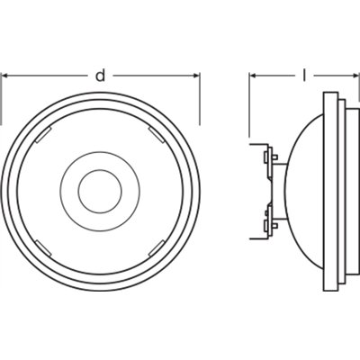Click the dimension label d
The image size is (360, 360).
click(99, 76)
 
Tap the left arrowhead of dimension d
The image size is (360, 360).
click(4, 76)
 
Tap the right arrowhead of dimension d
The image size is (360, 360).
click(196, 76)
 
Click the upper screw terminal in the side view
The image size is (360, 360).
click(267, 162)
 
